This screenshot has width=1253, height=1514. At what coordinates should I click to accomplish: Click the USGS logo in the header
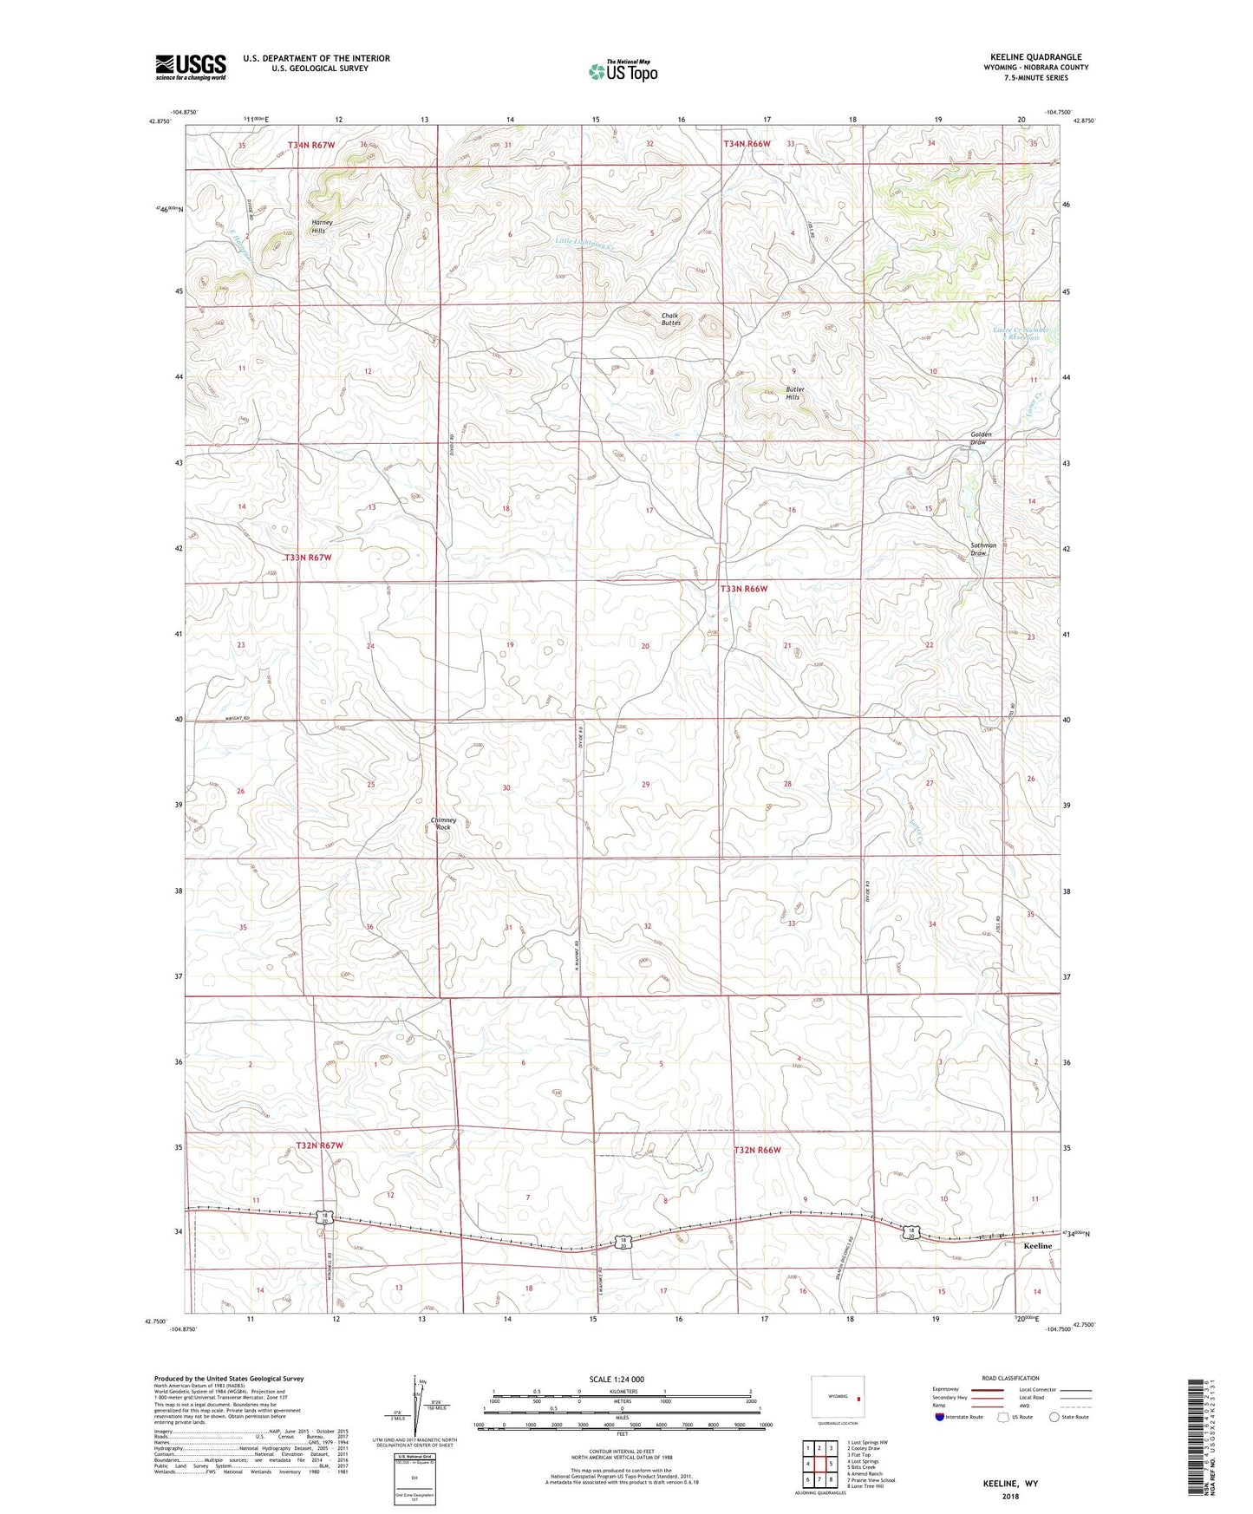coord(191,67)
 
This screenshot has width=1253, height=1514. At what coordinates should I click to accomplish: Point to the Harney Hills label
coord(323,226)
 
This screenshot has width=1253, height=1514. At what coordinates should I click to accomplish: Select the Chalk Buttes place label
coord(671,319)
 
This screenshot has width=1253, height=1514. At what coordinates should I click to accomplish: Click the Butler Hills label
coord(794,393)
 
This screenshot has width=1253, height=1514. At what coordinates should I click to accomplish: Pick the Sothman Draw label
coord(983,549)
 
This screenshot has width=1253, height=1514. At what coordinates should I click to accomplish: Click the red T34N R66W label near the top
coord(747,143)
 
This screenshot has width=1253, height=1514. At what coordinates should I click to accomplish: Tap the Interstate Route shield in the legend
coord(941,1417)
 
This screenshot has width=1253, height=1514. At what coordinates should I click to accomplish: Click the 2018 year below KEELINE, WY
coord(1010,1496)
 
